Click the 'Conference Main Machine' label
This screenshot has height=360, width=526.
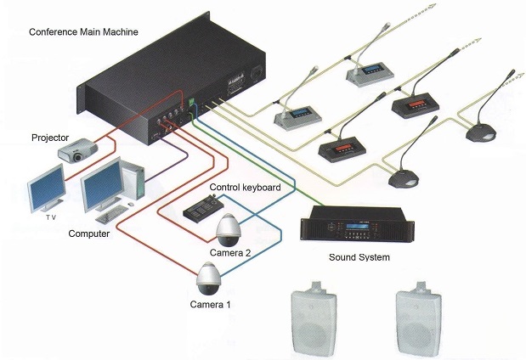coord(83,32)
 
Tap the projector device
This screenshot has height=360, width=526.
coord(78,150)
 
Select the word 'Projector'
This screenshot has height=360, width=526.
coord(50,138)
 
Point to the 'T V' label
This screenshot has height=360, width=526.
coord(51,217)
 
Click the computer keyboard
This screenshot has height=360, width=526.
coord(112,214)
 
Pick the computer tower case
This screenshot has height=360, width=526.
coord(133,180)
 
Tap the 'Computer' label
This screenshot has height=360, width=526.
coord(89,233)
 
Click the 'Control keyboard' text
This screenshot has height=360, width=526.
coord(245,188)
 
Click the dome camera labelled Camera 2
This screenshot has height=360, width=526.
coord(229,230)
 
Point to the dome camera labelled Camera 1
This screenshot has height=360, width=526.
coord(209,278)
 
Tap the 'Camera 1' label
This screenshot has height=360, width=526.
coord(210,305)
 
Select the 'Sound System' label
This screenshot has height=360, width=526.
coord(359,257)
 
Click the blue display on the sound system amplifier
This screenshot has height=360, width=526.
coord(357,226)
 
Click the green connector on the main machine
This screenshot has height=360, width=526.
coord(191,102)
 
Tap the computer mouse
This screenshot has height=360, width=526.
coord(131,204)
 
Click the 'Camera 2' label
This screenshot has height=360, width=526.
coord(230,253)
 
